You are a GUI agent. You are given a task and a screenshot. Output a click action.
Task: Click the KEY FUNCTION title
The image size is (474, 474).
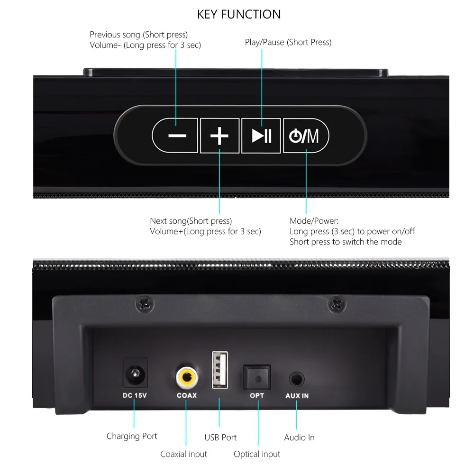click(x=239, y=14)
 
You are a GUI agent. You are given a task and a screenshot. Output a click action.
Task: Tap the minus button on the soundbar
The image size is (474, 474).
click(x=175, y=136)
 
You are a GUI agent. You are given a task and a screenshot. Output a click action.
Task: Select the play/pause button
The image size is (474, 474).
click(x=261, y=136)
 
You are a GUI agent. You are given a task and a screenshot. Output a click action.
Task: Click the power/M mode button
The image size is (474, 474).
click(x=306, y=136)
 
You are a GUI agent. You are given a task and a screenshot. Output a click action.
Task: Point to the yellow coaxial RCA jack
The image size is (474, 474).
click(x=187, y=377)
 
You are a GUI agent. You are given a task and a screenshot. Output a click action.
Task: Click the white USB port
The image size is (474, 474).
click(x=220, y=370)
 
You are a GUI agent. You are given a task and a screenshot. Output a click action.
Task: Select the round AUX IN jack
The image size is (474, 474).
click(x=297, y=379)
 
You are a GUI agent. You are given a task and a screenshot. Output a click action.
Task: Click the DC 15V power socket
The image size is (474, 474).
click(x=135, y=374)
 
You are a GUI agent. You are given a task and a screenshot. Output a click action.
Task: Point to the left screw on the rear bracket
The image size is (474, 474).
click(x=145, y=304)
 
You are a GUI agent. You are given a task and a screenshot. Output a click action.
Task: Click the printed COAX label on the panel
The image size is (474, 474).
click(x=187, y=395)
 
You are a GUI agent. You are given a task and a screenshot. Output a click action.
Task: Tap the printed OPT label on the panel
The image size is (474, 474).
click(x=257, y=395)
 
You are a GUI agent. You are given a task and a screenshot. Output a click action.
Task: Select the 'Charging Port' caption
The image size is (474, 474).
click(x=132, y=436)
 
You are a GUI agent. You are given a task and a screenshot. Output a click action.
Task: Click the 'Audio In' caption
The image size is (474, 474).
click(x=299, y=438)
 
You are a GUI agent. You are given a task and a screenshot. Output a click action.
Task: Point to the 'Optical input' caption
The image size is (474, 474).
click(x=257, y=454)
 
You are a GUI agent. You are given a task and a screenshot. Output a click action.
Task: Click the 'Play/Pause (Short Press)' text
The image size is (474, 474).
click(x=288, y=42)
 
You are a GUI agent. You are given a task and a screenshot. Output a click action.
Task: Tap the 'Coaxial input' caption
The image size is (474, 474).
click(x=183, y=454)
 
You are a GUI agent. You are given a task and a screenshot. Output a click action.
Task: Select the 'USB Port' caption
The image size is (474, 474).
click(x=220, y=438)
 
